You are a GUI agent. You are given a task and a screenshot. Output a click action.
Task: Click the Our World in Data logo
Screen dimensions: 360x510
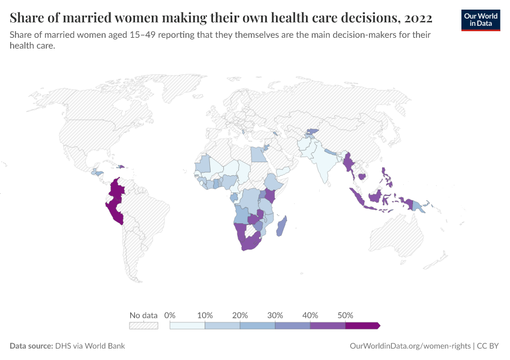[481, 20]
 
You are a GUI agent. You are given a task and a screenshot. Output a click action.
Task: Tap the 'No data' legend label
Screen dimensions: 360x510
[143, 315]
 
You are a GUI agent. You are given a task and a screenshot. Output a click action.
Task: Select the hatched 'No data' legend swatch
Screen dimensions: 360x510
[143, 325]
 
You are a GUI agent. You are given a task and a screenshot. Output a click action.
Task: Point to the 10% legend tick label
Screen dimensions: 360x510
[205, 315]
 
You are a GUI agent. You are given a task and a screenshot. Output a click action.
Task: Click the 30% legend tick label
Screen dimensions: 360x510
[275, 315]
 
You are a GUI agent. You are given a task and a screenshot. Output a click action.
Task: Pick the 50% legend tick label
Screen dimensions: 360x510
[346, 315]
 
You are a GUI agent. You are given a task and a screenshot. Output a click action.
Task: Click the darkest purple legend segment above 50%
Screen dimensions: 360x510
[362, 325]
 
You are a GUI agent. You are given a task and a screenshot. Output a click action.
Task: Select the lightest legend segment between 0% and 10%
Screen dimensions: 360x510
[188, 325]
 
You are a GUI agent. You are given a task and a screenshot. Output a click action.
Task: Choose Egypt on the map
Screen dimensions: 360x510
[258, 154]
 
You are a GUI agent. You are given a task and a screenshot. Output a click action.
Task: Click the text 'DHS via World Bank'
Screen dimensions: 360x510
[90, 346]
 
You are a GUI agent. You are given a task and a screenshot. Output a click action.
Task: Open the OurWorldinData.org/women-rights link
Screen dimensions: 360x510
[410, 346]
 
